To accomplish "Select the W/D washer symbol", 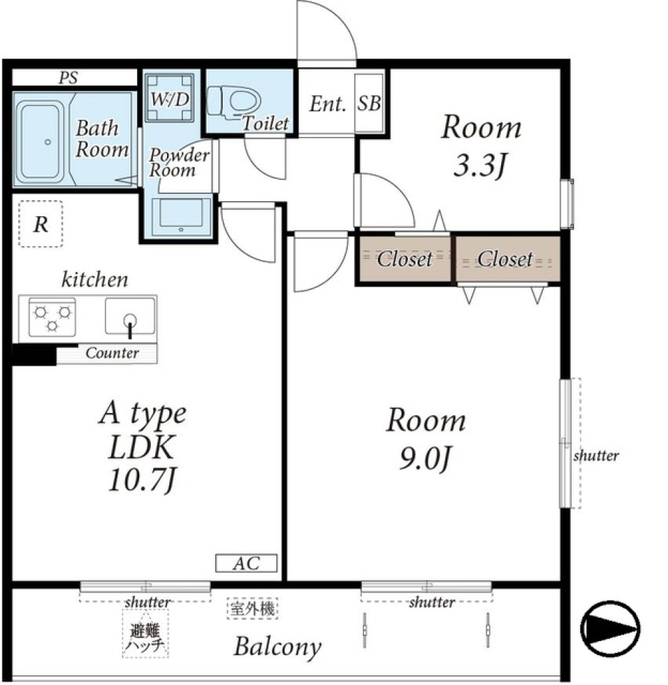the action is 170,97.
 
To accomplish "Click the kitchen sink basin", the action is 130,316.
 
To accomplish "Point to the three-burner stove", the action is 52,317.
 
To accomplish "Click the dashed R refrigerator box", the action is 40,224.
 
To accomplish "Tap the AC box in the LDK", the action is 246,563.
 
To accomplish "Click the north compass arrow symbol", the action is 610,629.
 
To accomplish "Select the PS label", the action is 68,78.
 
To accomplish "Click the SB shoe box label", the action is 369,103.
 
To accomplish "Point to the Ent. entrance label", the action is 328,104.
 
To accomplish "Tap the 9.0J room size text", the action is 424,459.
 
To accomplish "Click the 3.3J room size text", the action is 480,166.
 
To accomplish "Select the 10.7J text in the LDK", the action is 142,480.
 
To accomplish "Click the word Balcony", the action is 278,647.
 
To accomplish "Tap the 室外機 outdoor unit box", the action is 253,609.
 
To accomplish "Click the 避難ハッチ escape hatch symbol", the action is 145,634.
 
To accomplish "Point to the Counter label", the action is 112,353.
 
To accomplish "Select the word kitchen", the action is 95,279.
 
